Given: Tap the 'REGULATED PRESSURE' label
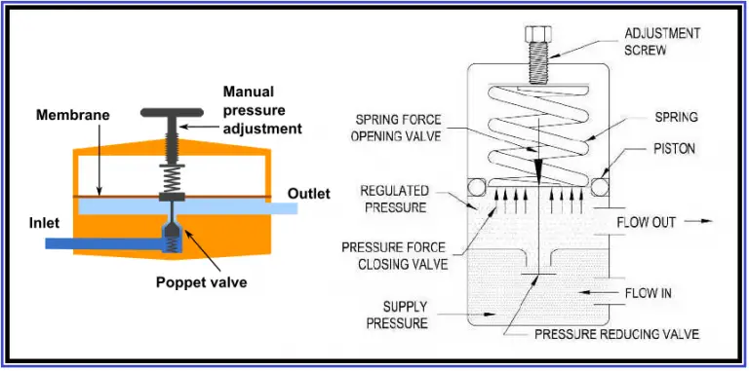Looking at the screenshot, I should point(395,199).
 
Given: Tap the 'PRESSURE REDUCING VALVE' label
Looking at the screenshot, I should point(616,334).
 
